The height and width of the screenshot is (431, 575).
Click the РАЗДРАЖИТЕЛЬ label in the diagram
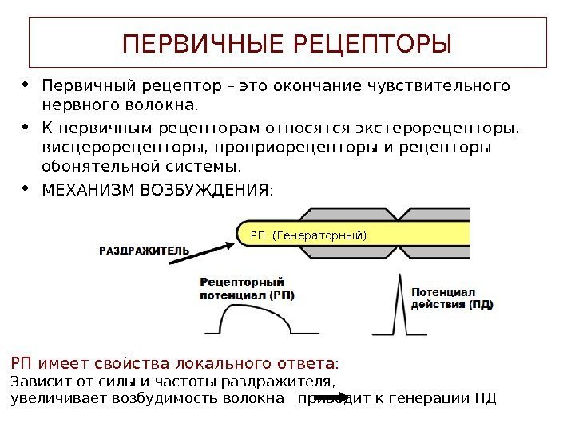coord(144,250)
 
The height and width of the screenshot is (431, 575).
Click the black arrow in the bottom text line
coord(326,397)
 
